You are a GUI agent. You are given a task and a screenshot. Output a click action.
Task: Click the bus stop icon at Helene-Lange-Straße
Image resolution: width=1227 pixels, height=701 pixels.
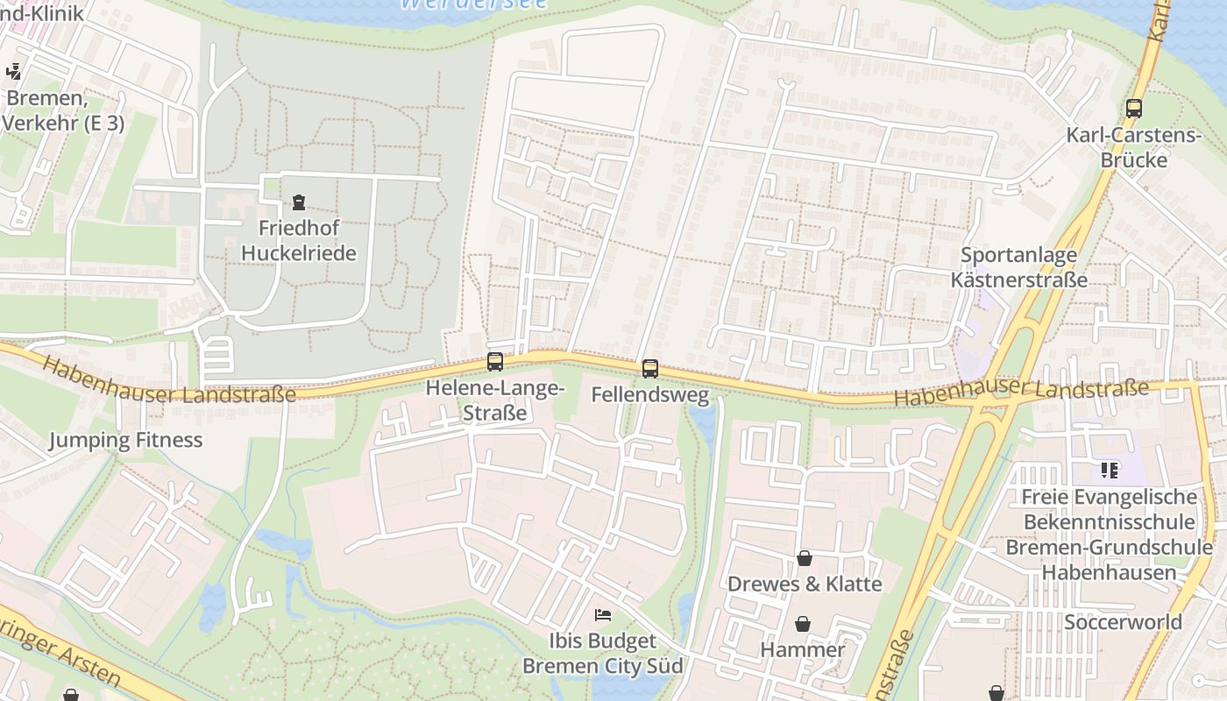click(x=495, y=361)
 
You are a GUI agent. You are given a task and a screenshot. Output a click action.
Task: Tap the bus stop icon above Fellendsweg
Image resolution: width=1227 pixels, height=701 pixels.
click(x=649, y=369)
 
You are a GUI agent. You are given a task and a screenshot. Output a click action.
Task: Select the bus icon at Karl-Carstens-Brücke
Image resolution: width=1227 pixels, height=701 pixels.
click(x=1134, y=109)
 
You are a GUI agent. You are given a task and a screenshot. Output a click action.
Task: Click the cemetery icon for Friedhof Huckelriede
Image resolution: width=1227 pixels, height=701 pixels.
click(x=299, y=202)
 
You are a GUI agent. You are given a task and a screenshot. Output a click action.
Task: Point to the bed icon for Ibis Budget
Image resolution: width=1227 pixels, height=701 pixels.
click(x=603, y=614)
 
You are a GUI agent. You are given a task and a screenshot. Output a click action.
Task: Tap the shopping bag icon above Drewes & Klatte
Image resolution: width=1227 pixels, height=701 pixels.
click(x=804, y=558)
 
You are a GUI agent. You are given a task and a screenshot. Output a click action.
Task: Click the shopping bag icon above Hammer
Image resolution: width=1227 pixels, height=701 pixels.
click(x=802, y=624)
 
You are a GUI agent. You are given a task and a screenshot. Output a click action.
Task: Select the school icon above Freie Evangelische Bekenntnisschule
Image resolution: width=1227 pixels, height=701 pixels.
click(x=1110, y=471)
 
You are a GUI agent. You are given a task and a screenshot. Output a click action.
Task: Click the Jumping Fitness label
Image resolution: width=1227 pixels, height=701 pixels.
click(x=125, y=440)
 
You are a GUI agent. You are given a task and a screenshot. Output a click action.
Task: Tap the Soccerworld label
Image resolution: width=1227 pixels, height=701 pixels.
click(x=1123, y=622)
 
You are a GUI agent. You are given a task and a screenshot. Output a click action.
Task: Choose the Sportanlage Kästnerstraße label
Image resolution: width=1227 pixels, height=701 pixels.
click(x=1019, y=267)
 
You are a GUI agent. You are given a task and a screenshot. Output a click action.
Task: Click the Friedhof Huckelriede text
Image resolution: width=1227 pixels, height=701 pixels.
click(x=299, y=241)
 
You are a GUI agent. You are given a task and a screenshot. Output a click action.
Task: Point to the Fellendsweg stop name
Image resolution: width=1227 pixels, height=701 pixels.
click(x=649, y=395)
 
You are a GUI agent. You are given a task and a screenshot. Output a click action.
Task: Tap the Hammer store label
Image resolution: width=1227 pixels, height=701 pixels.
click(x=802, y=649)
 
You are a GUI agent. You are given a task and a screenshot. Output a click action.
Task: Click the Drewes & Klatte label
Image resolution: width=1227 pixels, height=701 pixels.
click(x=805, y=584)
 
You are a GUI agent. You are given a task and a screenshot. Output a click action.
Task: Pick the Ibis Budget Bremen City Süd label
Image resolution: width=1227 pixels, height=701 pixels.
click(x=603, y=654)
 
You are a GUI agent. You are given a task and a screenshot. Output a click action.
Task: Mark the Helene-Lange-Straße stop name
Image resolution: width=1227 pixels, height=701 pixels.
click(x=495, y=400)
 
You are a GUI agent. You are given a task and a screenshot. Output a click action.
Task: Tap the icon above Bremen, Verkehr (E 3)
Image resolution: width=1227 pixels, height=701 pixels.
click(x=14, y=72)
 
